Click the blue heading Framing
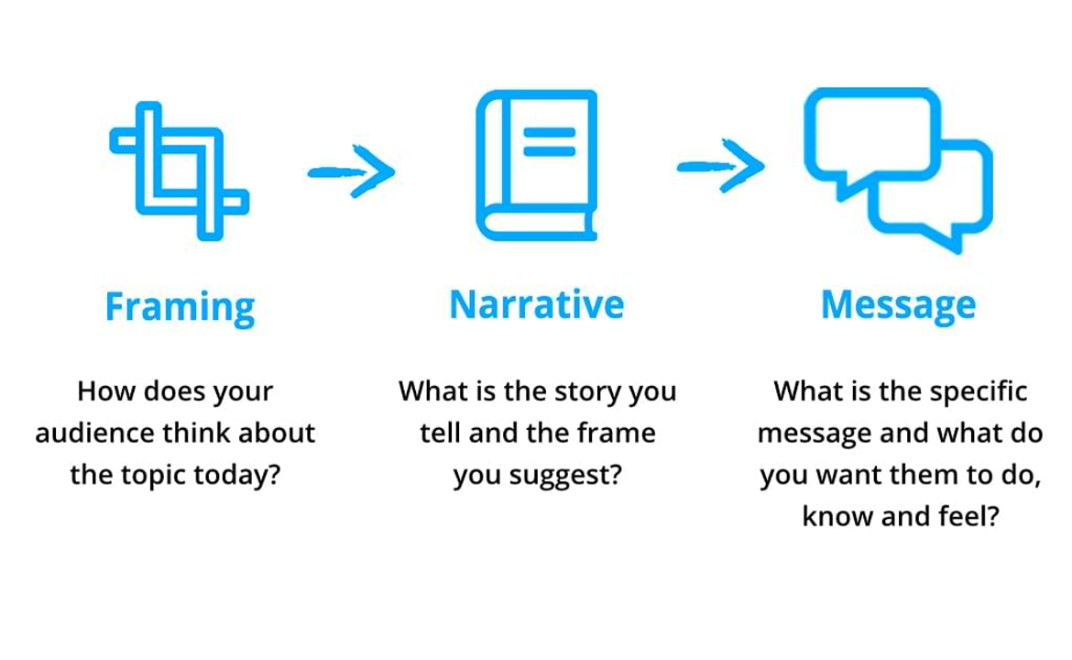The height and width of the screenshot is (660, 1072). point(180,307)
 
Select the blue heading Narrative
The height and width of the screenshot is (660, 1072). point(537,304)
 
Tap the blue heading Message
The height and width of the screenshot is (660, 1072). point(898,306)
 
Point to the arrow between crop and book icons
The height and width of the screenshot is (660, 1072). point(352,171)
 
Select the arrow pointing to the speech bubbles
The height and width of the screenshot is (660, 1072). point(720,166)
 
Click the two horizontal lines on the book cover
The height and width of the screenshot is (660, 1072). point(549,141)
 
